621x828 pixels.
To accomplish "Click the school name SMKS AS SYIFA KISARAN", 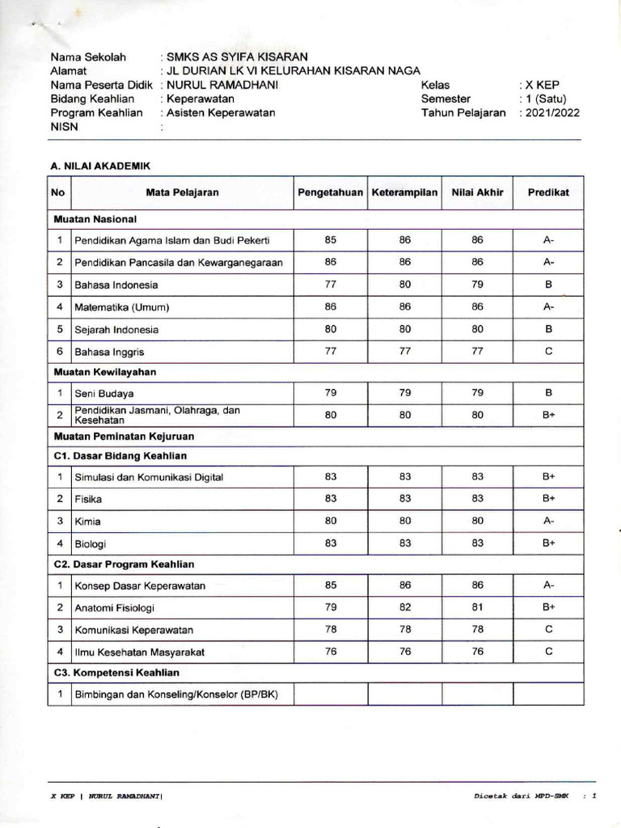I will (x=237, y=57).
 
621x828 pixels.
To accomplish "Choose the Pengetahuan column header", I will (x=330, y=192).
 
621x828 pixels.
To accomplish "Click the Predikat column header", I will (x=548, y=192).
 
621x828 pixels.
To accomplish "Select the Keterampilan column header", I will (x=404, y=192).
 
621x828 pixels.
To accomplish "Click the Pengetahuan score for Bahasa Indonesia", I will (x=330, y=285).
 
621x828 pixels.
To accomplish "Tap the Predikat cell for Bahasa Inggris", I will (x=548, y=352).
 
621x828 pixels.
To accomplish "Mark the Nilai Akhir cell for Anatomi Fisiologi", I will (x=477, y=606).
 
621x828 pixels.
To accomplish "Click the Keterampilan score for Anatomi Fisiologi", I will (x=405, y=606).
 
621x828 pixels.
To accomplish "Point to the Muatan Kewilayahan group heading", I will (x=105, y=372).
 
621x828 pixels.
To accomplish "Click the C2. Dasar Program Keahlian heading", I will (x=125, y=564).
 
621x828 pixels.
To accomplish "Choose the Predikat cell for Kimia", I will (x=548, y=521).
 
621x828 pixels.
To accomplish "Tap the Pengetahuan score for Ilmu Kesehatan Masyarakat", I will (x=330, y=652).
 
